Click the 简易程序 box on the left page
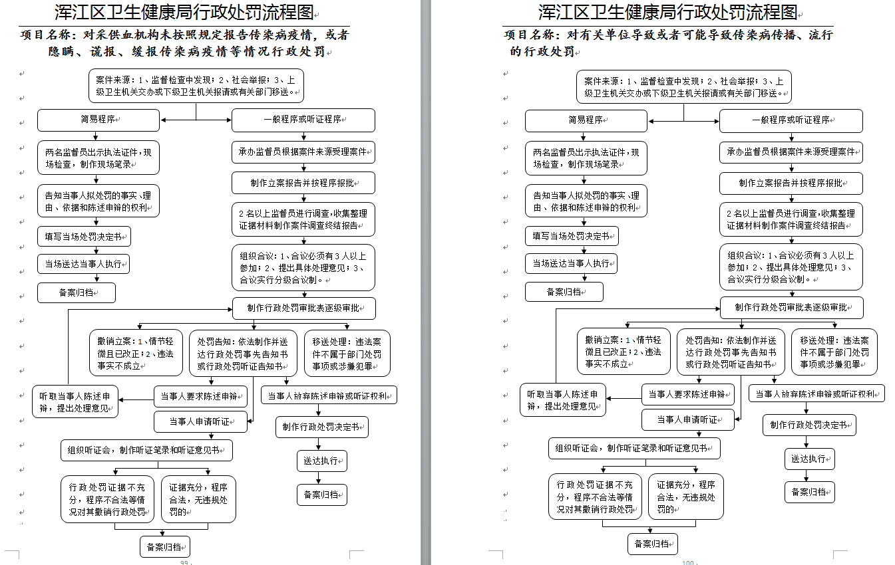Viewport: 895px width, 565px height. coord(98,120)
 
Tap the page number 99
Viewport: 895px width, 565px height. coord(185,562)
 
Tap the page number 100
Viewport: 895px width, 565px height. coord(688,562)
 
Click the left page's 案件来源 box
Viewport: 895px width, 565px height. coord(196,86)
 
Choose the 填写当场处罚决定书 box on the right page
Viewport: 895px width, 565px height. coord(572,236)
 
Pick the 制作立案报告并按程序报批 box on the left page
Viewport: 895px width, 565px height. coord(303,183)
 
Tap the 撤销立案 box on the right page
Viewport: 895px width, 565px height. coord(624,352)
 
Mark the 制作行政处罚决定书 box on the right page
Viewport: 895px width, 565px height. coord(809,425)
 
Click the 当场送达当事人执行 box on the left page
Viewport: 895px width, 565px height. coord(83,264)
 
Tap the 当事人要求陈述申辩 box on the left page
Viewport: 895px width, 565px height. coord(200,396)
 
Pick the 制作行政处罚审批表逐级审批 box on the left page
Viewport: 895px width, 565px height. coord(303,308)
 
